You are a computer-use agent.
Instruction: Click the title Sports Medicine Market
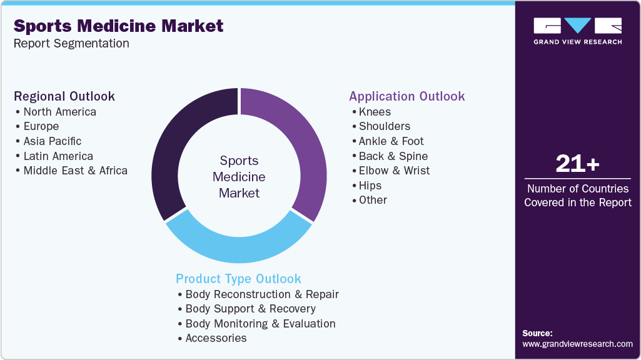pyautogui.click(x=118, y=26)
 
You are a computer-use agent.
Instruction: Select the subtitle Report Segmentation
pyautogui.click(x=71, y=44)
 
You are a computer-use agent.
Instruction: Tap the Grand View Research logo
pyautogui.click(x=577, y=31)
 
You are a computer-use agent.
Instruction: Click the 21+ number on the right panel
pyautogui.click(x=577, y=164)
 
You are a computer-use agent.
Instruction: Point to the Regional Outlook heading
pyautogui.click(x=64, y=96)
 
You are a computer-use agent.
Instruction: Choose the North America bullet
pyautogui.click(x=59, y=112)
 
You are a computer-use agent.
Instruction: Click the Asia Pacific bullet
pyautogui.click(x=52, y=141)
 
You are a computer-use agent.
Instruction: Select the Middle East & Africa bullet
pyautogui.click(x=75, y=171)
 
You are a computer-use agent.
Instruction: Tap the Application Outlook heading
pyautogui.click(x=406, y=96)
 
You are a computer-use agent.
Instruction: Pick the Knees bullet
pyautogui.click(x=375, y=112)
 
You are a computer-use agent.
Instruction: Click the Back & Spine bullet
pyautogui.click(x=393, y=156)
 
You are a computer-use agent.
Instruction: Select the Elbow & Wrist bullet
pyautogui.click(x=394, y=171)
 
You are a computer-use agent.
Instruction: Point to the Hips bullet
pyautogui.click(x=370, y=186)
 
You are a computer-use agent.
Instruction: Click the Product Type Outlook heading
pyautogui.click(x=238, y=279)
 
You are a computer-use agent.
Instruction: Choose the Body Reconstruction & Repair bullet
pyautogui.click(x=261, y=294)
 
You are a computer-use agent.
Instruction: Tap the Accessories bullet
pyautogui.click(x=216, y=338)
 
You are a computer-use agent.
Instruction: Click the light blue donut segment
pyautogui.click(x=238, y=246)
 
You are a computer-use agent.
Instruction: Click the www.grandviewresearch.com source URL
pyautogui.click(x=577, y=344)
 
